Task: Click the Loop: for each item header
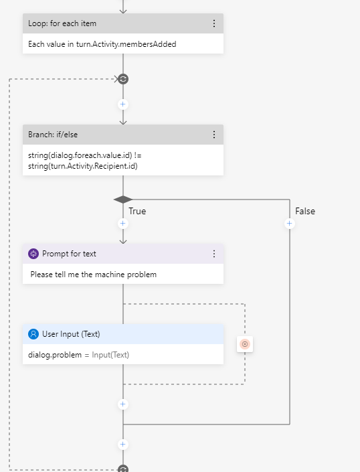tap(62, 23)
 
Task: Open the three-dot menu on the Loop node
tap(214, 23)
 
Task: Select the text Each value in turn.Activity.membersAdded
tap(102, 44)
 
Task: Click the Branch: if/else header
tap(53, 135)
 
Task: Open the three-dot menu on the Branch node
tap(214, 135)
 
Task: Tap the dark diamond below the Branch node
tap(123, 200)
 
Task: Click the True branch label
tap(137, 211)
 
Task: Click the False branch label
tap(305, 211)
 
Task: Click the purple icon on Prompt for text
tap(33, 254)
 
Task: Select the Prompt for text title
tap(69, 254)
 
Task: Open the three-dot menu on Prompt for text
tap(214, 254)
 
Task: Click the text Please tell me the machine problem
tap(93, 274)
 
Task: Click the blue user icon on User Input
tap(33, 334)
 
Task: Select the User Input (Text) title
tap(71, 334)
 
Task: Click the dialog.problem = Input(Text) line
tap(78, 355)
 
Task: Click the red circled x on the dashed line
tap(245, 344)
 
